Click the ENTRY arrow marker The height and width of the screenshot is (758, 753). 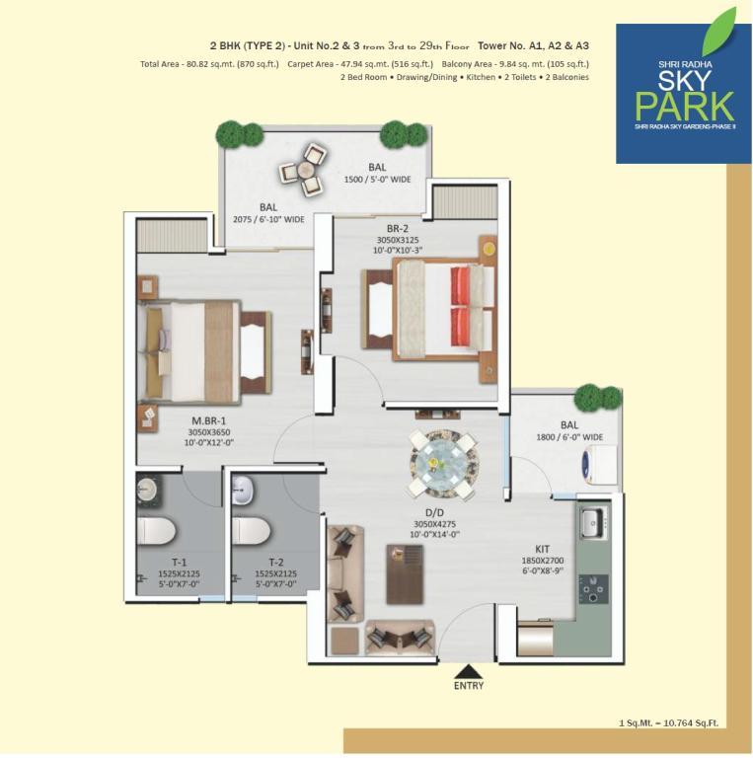469,672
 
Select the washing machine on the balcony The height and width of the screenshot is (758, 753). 600,465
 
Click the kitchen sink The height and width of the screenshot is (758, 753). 591,522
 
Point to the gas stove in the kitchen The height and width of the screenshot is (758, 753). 593,589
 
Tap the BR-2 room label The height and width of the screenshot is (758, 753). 398,228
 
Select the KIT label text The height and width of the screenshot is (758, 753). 542,549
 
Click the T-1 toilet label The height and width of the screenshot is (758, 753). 180,563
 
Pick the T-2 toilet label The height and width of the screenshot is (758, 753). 276,563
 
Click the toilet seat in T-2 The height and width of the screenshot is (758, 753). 251,532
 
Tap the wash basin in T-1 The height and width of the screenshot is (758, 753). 145,491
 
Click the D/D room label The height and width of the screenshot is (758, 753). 434,513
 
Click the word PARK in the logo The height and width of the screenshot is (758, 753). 684,106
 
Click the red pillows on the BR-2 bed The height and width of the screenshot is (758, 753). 461,307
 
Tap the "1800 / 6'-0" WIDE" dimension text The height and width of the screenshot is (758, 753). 569,437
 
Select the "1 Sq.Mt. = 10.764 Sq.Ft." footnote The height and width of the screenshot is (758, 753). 668,723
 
